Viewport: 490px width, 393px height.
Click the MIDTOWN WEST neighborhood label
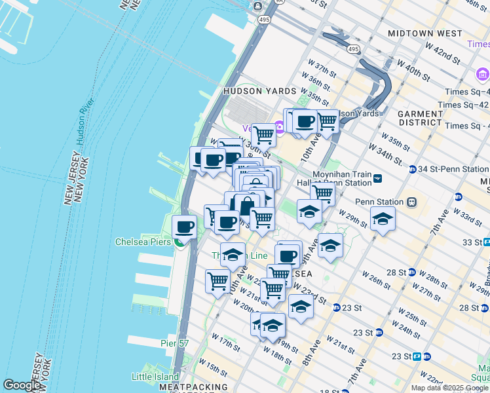pos(424,33)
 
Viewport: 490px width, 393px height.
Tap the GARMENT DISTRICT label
pos(420,118)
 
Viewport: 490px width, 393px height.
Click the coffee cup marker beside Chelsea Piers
pos(184,227)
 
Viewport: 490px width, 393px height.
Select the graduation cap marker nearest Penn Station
pos(383,219)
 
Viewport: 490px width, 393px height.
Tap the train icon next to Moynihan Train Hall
pos(377,178)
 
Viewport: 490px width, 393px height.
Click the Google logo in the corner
pos(22,385)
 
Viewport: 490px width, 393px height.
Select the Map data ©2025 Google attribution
pos(449,388)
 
